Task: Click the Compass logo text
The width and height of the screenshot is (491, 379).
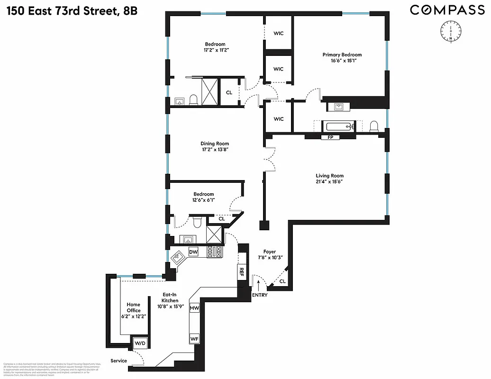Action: [447, 10]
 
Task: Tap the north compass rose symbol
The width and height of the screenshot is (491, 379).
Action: [448, 32]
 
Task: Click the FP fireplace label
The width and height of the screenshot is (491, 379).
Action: [330, 137]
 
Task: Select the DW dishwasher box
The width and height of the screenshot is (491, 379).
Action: [193, 252]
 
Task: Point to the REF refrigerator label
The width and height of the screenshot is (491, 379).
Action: [241, 272]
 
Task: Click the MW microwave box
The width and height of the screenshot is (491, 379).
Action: [194, 308]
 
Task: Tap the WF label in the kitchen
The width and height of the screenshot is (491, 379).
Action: [194, 339]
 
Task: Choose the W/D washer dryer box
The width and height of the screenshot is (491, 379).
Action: [140, 343]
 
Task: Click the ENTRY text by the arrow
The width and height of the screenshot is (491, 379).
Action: [259, 295]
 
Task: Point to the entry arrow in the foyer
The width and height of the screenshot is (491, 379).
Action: [258, 284]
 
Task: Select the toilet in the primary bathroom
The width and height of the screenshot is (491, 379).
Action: [374, 126]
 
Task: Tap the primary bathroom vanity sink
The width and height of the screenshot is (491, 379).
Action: [339, 107]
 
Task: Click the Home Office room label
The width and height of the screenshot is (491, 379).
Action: [133, 307]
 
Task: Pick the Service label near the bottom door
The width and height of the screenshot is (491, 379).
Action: [118, 361]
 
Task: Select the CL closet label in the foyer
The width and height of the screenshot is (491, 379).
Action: [282, 281]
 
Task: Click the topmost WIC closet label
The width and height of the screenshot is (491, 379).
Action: [278, 34]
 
